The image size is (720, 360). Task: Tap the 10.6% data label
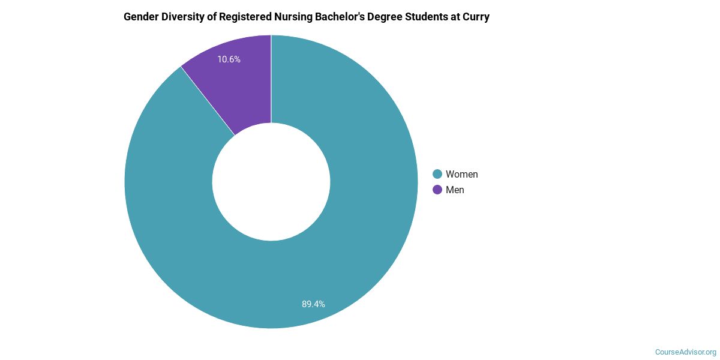[229, 59]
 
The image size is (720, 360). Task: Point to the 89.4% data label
[313, 304]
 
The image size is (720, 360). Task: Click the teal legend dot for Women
[437, 174]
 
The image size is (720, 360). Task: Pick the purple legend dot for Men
[437, 190]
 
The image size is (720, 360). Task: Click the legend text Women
[461, 174]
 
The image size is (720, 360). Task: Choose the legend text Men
[455, 190]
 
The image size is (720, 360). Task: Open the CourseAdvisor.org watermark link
[685, 352]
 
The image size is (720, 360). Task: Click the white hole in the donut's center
[271, 182]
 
